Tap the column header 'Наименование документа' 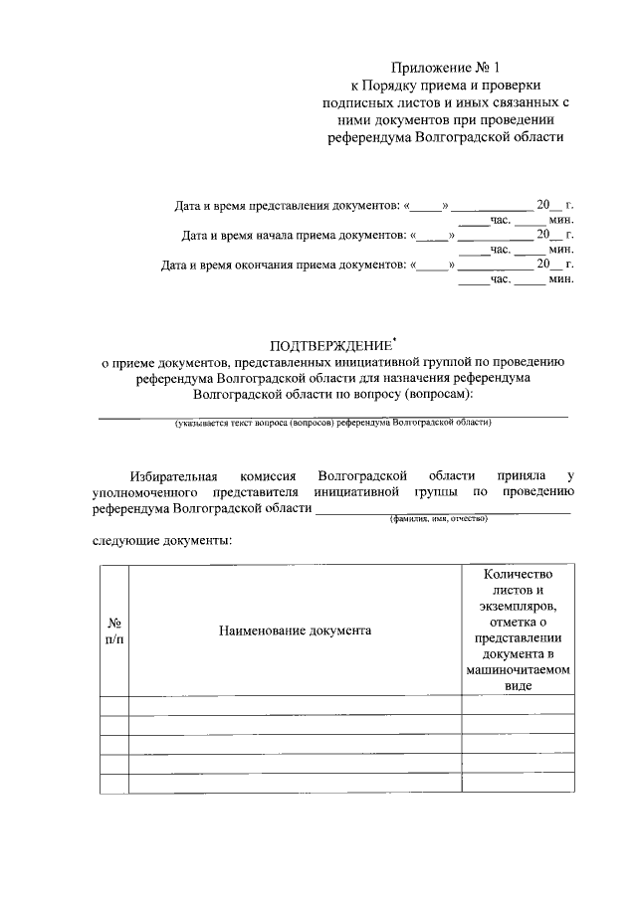click(x=295, y=630)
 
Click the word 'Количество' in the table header click(x=518, y=574)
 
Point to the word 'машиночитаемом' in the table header click(x=518, y=669)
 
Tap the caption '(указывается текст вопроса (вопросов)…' click(x=332, y=423)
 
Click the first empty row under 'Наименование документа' click(x=295, y=705)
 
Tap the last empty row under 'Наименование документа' click(x=295, y=782)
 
